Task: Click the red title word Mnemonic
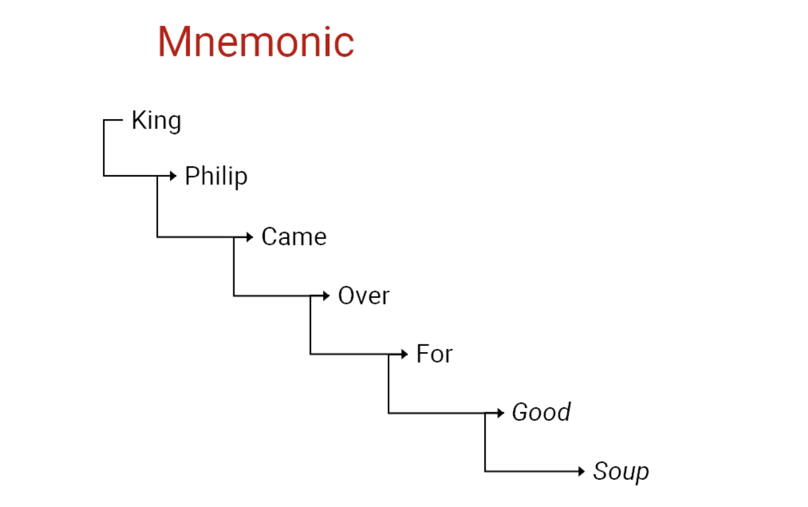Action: tap(256, 42)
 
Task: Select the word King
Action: tap(156, 121)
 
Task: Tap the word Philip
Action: tap(216, 177)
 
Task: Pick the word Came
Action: tap(294, 237)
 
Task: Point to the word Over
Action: tap(364, 296)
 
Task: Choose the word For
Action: tap(434, 354)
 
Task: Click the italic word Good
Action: tap(541, 412)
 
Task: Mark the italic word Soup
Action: tap(621, 471)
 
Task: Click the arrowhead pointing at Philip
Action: tap(173, 176)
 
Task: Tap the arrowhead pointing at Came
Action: tap(250, 237)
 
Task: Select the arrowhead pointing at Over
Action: tap(326, 296)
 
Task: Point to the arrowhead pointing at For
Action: tap(405, 355)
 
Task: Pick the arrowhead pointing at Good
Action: tap(501, 413)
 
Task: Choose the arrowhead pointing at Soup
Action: tap(581, 471)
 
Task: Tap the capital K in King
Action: tap(139, 120)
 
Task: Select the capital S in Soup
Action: tap(602, 471)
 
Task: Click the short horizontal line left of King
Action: tap(114, 120)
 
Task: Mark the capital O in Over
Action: tap(347, 296)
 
